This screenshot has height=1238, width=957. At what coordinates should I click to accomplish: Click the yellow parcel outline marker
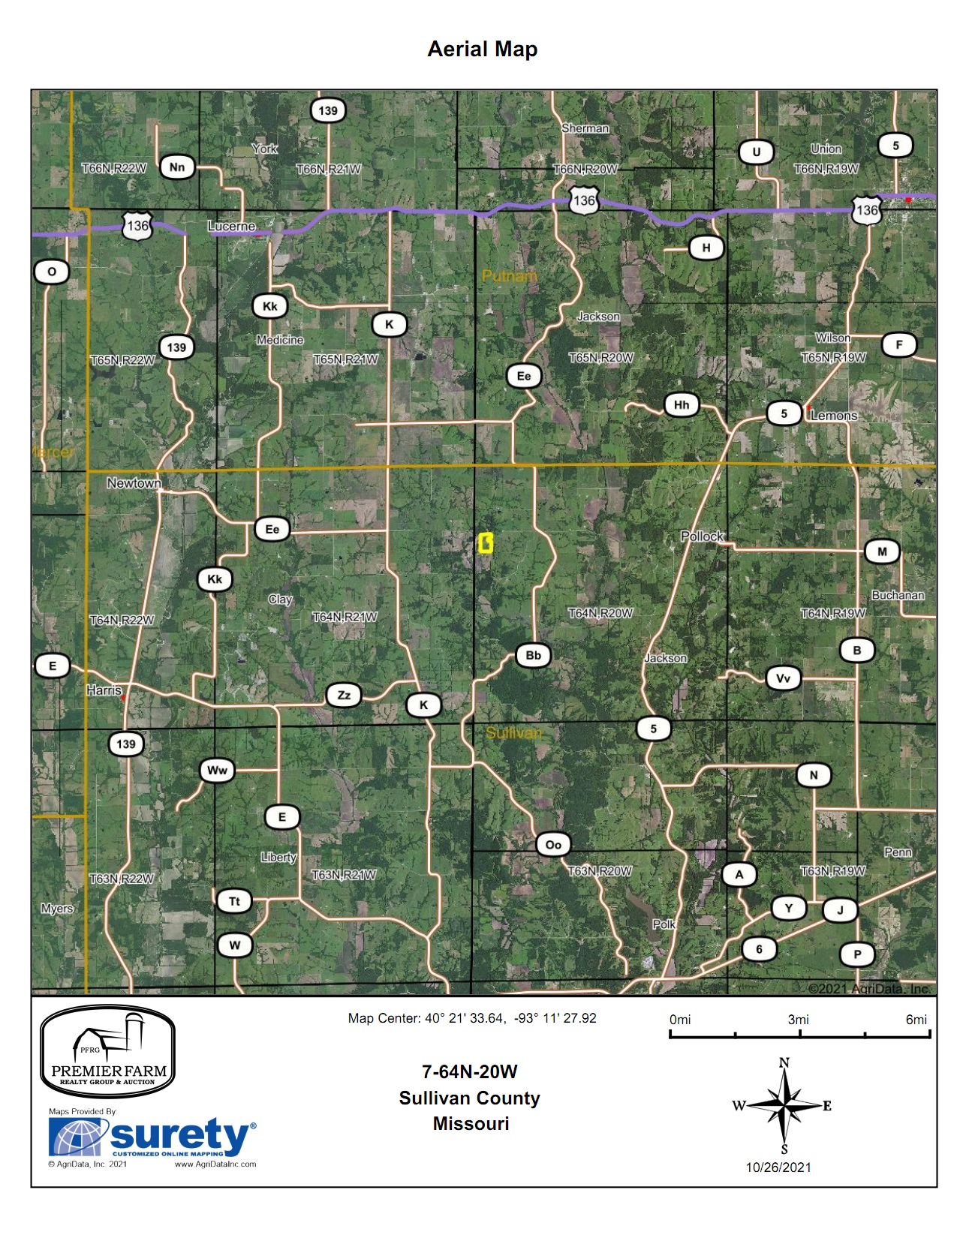(486, 543)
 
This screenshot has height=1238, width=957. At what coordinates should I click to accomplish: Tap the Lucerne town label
(231, 226)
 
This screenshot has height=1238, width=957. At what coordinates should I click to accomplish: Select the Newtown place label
(134, 483)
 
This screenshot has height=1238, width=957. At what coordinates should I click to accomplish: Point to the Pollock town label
(702, 536)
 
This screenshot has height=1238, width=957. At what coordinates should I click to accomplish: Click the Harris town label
(104, 690)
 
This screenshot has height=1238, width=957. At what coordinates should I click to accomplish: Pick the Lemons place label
(834, 416)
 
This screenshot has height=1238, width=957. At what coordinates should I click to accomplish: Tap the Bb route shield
(533, 655)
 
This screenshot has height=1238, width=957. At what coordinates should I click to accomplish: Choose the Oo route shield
(553, 845)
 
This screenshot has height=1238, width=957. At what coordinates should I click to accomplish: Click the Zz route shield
(344, 696)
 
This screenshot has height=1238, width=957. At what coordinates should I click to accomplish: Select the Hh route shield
(681, 405)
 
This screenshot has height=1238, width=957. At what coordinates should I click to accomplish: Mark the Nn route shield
(177, 167)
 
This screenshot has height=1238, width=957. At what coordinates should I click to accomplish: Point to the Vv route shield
(783, 678)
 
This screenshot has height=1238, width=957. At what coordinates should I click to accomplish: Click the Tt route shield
(234, 901)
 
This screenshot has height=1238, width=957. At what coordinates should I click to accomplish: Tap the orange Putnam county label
(509, 276)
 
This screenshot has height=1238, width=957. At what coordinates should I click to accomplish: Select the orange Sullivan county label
(513, 733)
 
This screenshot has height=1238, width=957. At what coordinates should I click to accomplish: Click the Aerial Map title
(482, 50)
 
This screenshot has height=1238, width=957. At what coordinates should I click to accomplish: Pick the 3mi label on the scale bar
(798, 1020)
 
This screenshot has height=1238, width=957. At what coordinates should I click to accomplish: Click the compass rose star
(784, 1105)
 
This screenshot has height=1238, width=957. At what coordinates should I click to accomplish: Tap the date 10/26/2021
(778, 1167)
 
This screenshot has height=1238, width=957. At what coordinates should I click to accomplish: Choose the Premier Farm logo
(107, 1052)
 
